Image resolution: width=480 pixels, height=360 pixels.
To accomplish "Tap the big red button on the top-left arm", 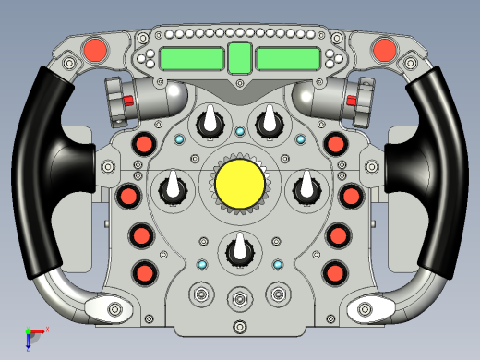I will coord(95,49).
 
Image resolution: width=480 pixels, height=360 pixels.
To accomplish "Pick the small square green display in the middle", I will coord(239,58).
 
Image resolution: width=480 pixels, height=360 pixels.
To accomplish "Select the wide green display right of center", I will coord(287,59).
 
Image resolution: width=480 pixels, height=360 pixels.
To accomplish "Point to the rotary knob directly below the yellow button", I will coord(240,249).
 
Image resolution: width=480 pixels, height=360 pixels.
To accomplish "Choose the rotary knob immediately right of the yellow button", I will coord(306,189).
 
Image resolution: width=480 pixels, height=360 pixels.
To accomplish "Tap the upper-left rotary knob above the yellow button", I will coord(210,122).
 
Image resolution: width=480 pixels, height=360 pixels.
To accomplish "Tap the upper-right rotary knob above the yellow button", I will coord(269,122).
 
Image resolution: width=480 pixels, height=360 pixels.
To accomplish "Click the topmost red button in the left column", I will coord(145,144).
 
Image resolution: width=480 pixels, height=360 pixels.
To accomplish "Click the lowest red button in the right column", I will coord(334,272).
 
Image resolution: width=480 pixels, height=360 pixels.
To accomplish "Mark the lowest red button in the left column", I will coord(144,272).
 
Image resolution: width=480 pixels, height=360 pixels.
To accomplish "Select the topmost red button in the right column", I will coord(334,144).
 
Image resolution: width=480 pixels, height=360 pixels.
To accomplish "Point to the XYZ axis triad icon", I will coord(34,335).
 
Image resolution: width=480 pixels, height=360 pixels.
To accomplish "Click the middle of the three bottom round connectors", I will coord(240,297).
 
